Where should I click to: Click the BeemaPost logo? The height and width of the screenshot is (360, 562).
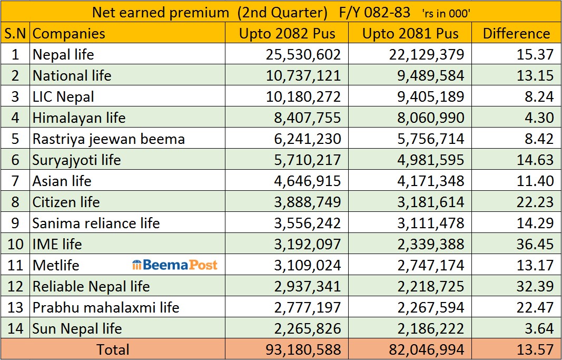(x=174, y=265)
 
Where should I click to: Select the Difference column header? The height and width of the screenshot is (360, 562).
(x=516, y=34)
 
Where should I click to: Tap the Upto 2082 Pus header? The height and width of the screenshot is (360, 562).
(x=287, y=34)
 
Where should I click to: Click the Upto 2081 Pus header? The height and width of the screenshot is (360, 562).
(x=410, y=34)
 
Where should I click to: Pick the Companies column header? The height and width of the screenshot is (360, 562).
(x=69, y=34)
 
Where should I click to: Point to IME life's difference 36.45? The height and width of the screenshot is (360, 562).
(x=535, y=244)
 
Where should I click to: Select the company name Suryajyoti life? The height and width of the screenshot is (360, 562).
(x=76, y=160)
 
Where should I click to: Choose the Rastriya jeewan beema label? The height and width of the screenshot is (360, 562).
(x=109, y=139)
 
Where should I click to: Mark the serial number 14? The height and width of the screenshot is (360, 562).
(x=15, y=328)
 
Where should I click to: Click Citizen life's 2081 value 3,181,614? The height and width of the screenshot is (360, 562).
(x=431, y=202)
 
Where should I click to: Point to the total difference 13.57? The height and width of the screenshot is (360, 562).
(x=535, y=349)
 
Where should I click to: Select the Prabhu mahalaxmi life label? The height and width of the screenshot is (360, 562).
(x=106, y=307)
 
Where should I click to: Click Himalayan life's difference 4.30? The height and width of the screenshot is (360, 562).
(x=538, y=118)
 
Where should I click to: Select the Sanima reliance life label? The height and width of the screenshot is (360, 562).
(x=96, y=223)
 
